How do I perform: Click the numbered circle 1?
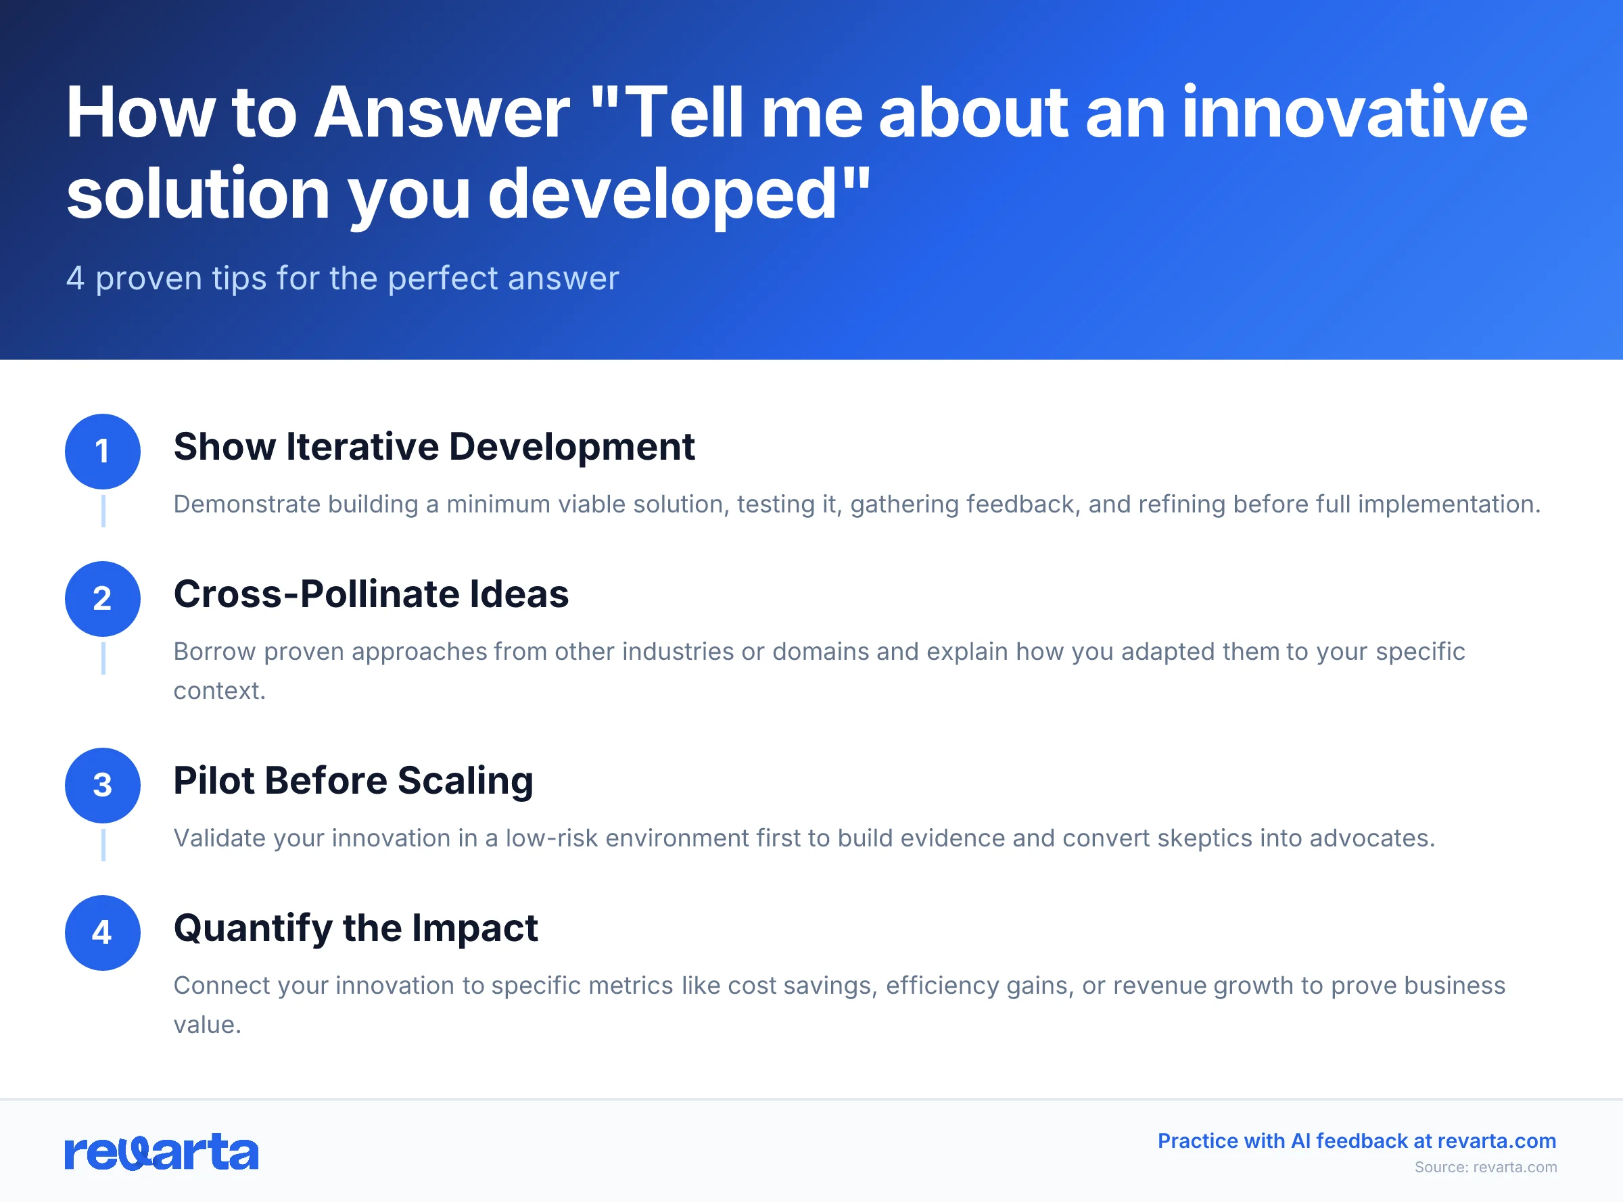(x=103, y=451)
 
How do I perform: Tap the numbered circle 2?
(x=103, y=599)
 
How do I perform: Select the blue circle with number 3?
(x=103, y=785)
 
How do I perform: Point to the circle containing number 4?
(x=103, y=933)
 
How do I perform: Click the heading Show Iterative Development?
(x=433, y=447)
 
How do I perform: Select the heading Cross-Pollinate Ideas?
(x=371, y=594)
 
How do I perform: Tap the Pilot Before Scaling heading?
(x=353, y=781)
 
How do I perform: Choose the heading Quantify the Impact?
(x=355, y=928)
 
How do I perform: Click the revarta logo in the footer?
(x=162, y=1152)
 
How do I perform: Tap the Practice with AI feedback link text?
(x=1357, y=1141)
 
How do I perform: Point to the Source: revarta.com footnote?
(x=1486, y=1167)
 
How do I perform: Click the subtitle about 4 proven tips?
(x=342, y=279)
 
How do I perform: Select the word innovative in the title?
(x=1355, y=113)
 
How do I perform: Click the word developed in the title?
(x=662, y=193)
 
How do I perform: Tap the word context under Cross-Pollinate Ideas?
(x=218, y=691)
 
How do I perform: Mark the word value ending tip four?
(x=206, y=1024)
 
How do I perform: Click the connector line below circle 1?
(x=103, y=511)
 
